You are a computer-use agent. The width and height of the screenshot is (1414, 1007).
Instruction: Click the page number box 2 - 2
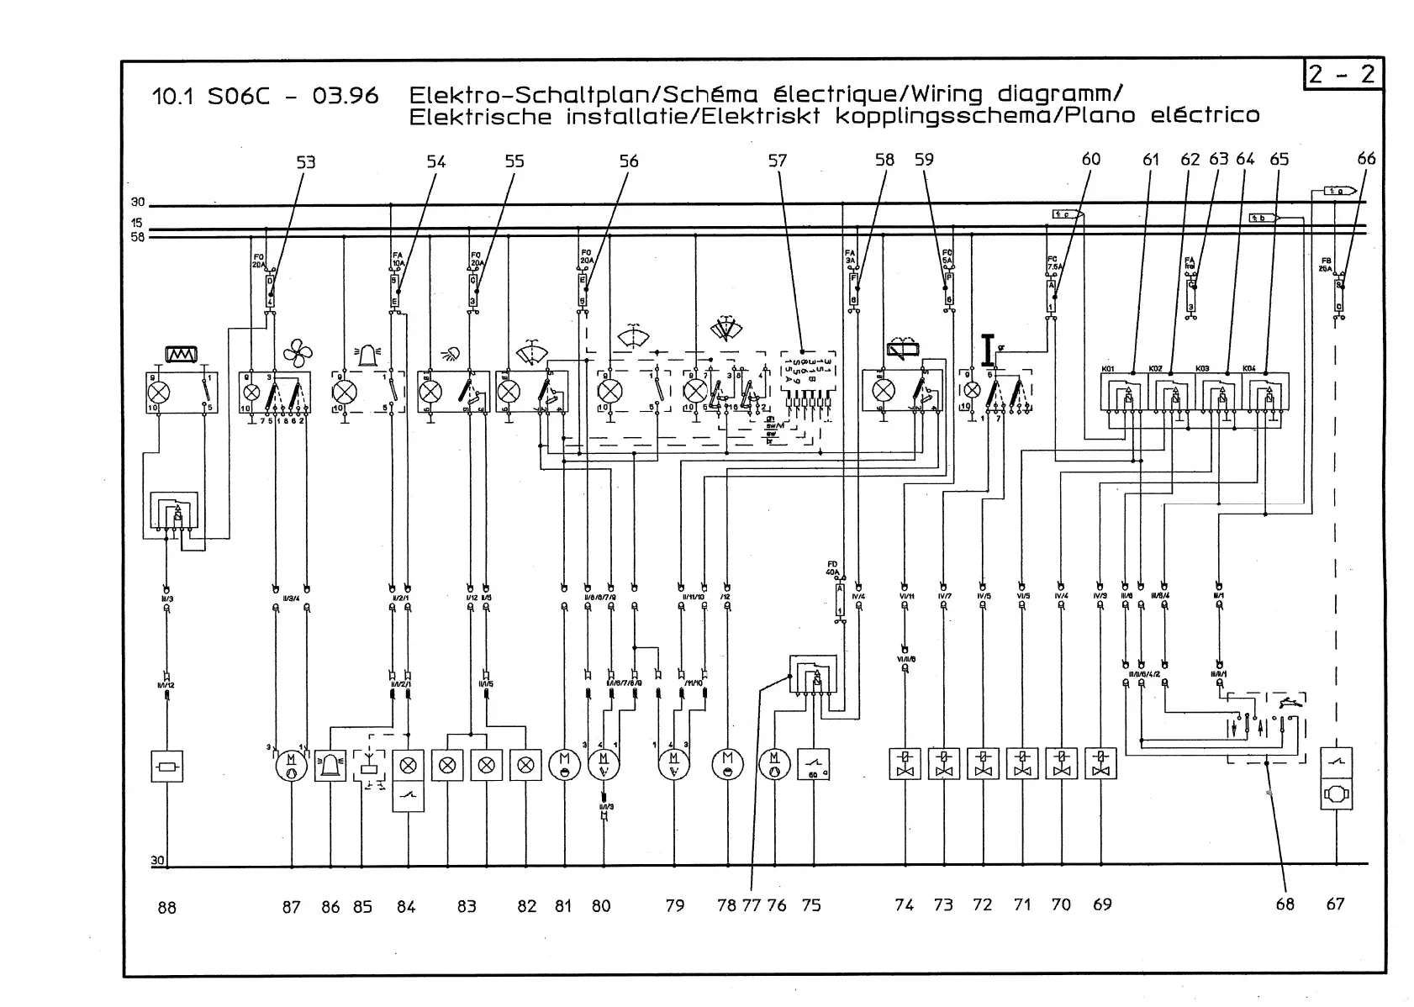1343,75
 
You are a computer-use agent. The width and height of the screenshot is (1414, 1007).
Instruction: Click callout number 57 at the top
777,160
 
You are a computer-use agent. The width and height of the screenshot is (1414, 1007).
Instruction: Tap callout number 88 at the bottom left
166,907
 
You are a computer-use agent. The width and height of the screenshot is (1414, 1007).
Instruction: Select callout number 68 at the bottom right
1285,904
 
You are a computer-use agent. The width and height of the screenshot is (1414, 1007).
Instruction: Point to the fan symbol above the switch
297,353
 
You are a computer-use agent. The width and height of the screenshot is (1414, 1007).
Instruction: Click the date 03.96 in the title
345,97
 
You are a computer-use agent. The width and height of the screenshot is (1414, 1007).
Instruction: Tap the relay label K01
1108,369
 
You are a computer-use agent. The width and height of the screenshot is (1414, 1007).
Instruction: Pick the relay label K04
1250,369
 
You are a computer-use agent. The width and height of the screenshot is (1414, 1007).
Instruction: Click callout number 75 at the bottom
810,905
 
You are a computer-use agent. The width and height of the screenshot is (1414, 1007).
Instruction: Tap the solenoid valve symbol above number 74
905,764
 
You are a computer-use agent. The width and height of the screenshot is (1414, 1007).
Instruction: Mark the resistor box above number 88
166,767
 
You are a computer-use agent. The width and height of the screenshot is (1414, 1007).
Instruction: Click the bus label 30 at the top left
137,203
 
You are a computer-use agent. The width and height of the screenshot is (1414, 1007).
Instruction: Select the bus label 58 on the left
137,237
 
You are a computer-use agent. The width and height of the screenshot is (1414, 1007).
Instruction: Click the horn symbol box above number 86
330,765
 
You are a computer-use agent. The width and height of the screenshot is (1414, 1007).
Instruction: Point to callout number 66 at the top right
1366,158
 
